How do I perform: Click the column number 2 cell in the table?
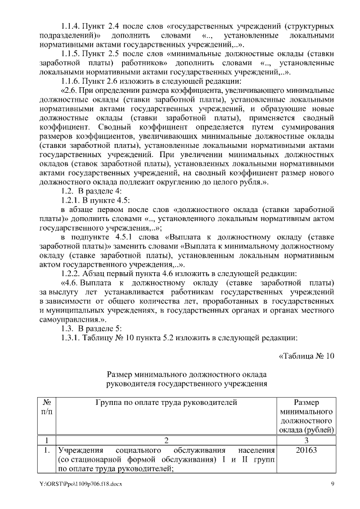point(166,439)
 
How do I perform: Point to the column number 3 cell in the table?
point(307,439)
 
